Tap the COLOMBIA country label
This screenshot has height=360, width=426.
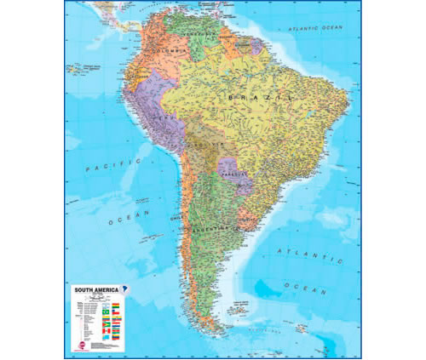click(168, 50)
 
